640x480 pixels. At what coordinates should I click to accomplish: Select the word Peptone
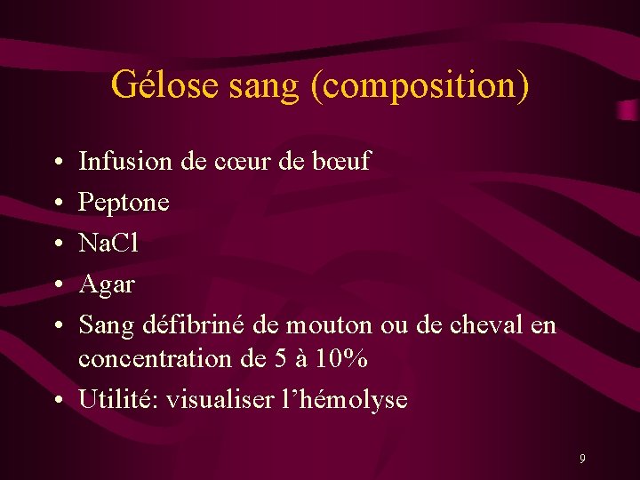124,204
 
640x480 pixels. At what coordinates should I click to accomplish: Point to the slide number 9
582,459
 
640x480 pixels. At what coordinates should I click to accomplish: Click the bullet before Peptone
56,204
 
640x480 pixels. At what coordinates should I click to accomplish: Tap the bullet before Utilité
56,401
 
